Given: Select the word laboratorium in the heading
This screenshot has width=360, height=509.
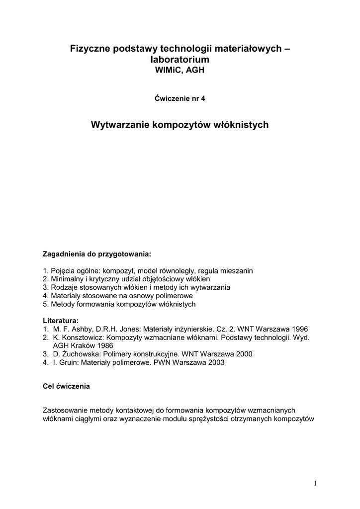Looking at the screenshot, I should pos(180,60).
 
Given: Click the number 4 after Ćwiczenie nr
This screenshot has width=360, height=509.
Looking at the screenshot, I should pos(203,98).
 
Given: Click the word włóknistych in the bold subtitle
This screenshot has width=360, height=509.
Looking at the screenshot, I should pos(241,125).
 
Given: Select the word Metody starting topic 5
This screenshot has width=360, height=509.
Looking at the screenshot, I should pos(62,304).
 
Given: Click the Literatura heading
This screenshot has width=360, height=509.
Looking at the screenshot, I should pos(61,321).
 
